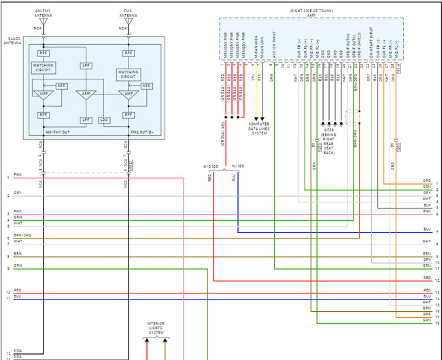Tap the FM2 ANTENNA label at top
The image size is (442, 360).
pos(127,13)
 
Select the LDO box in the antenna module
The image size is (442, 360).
pos(103,120)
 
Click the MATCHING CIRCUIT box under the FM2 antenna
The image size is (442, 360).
pos(128,74)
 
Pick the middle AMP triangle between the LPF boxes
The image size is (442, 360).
pos(85,95)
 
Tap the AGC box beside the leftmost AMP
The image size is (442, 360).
pos(62,86)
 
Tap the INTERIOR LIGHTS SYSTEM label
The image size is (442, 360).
pos(157,327)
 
